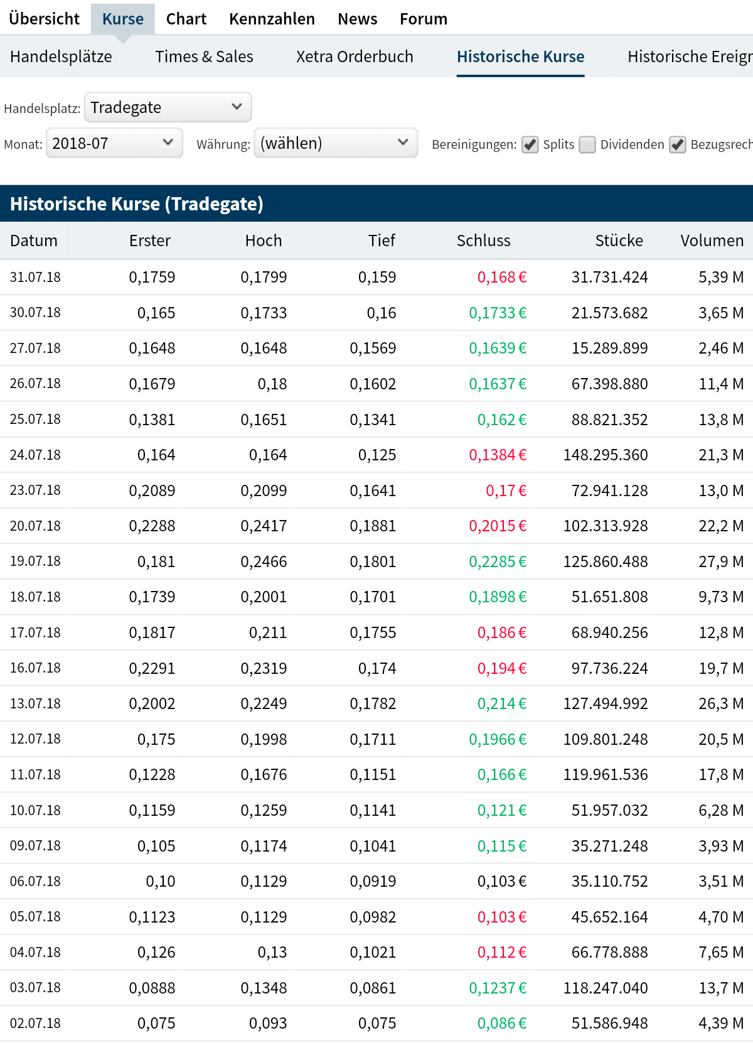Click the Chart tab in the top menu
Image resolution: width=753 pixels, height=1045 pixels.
(186, 19)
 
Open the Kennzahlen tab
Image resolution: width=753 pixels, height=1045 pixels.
(272, 19)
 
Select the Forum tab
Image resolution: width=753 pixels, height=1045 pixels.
(424, 19)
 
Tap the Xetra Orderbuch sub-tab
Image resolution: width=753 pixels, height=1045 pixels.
(355, 57)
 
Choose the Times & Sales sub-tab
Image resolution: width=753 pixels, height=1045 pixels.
(204, 57)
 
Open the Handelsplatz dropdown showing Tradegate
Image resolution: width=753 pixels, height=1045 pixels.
(168, 107)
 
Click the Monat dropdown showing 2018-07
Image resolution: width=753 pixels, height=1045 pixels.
(114, 143)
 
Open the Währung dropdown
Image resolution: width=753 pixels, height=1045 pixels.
(336, 143)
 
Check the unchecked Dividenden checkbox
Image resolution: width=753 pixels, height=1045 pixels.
(587, 144)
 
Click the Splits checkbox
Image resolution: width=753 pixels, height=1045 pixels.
(530, 144)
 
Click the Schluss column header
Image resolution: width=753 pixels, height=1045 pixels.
(483, 241)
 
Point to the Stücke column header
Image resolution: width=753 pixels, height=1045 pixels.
(619, 241)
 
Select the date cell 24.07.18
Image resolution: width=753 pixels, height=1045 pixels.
(35, 455)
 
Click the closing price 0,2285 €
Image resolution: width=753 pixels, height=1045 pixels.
(498, 561)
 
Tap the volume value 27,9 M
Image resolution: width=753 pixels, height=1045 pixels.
(721, 561)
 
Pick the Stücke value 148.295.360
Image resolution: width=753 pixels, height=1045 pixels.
(606, 455)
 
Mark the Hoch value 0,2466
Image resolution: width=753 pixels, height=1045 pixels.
(264, 561)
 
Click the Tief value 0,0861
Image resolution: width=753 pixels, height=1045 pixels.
(373, 988)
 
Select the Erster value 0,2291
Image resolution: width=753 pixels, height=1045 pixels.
(152, 668)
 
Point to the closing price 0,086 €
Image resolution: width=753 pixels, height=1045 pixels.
(501, 1024)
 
